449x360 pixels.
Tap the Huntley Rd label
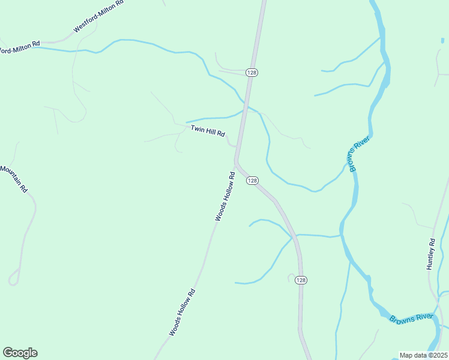(430, 254)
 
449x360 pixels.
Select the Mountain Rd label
(14, 179)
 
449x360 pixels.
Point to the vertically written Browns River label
(360, 154)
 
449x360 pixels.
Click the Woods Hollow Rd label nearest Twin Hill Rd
(224, 197)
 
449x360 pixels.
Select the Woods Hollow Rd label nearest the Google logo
(182, 313)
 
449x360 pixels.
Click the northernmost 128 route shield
(251, 72)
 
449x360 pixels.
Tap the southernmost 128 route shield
(301, 280)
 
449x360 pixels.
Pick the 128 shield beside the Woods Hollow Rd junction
(252, 181)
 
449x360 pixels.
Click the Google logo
(20, 353)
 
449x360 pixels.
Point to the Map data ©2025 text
(423, 355)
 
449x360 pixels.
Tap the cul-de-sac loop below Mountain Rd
(14, 278)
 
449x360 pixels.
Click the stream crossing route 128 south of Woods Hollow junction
(294, 236)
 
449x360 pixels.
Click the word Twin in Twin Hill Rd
(197, 128)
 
